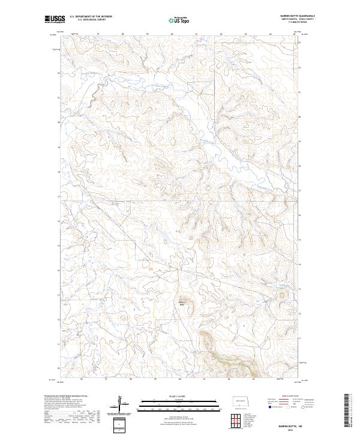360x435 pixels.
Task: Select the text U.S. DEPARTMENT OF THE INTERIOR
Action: click(91, 17)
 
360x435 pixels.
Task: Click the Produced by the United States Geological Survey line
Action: click(67, 397)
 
